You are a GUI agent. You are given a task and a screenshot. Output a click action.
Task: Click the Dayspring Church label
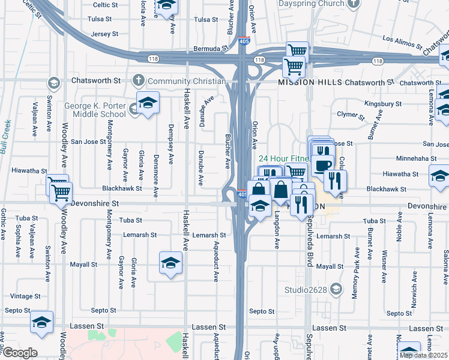click(x=310, y=4)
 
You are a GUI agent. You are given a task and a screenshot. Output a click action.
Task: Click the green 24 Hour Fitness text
click(x=283, y=159)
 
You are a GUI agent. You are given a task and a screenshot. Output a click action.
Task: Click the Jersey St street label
click(x=104, y=34)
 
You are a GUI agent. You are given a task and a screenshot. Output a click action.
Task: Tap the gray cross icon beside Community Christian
click(x=139, y=81)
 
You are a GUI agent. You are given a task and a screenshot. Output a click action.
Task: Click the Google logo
click(x=19, y=353)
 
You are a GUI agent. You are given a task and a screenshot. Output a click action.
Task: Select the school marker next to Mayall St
click(x=171, y=263)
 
